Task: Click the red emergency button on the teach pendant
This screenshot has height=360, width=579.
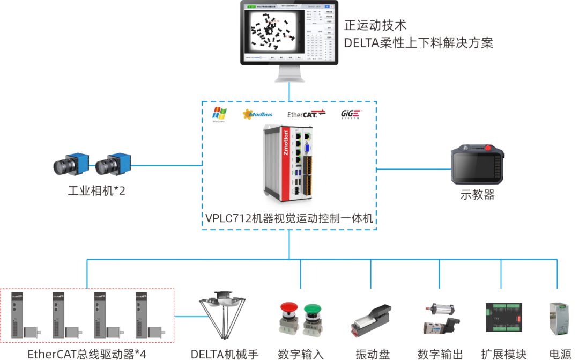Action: tap(488, 148)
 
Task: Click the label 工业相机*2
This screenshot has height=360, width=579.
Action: tap(96, 190)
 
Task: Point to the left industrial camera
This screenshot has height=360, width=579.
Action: tap(69, 165)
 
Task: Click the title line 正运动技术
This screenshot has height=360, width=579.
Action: tap(375, 25)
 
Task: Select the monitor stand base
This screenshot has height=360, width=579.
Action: tap(289, 78)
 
